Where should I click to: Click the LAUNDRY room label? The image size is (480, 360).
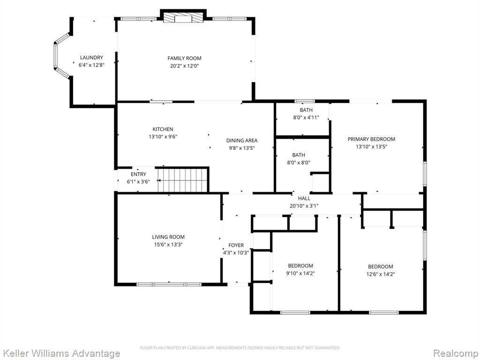point(91,58)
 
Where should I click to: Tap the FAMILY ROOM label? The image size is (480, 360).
point(184,58)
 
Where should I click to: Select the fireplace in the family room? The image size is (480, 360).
point(183,18)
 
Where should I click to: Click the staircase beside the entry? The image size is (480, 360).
point(183,180)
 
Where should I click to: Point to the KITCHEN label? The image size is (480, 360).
point(163,129)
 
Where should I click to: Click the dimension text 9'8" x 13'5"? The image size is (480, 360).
point(242,148)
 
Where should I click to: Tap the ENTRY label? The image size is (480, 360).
point(138,174)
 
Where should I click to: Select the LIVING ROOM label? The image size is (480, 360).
point(168,237)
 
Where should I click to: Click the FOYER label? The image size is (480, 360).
point(236,245)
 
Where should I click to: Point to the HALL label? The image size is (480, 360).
point(304,198)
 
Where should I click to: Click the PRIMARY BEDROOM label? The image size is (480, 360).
point(371,139)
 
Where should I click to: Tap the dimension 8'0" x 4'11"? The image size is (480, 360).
point(306,117)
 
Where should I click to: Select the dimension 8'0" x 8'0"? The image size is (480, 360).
point(299,163)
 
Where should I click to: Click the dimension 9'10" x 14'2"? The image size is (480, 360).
point(300,273)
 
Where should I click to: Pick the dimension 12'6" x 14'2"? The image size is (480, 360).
point(381,274)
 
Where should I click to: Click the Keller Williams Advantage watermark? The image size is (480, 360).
point(60,353)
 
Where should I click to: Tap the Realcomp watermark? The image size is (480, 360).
point(456,353)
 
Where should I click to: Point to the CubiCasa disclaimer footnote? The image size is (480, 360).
point(240,348)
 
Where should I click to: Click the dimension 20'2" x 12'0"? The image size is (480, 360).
point(185,66)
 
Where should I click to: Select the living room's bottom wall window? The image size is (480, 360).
point(169,285)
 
